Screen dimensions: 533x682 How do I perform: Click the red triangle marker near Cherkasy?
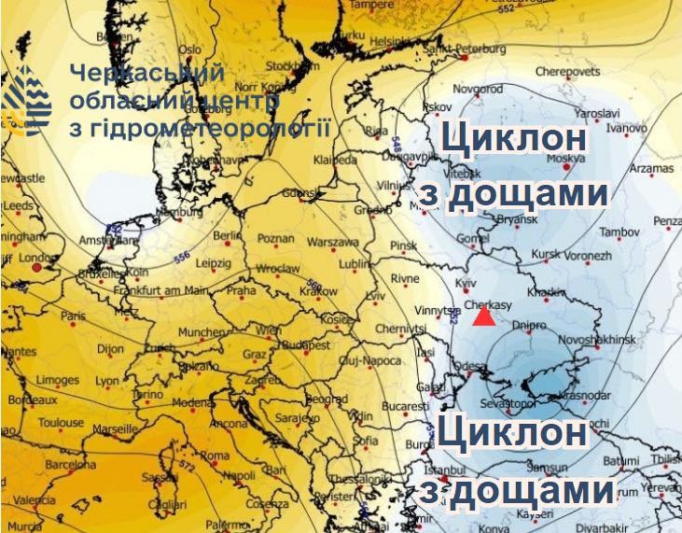[483, 317]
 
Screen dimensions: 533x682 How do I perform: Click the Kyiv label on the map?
[465, 281]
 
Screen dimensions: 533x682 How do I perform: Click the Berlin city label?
[228, 236]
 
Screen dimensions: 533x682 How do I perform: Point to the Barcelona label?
[71, 464]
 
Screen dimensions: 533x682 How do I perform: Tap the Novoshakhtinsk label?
[602, 341]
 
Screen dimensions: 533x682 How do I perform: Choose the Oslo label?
[190, 49]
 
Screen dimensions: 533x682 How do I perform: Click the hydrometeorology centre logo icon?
[26, 102]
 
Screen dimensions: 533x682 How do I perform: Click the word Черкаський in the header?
[147, 73]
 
